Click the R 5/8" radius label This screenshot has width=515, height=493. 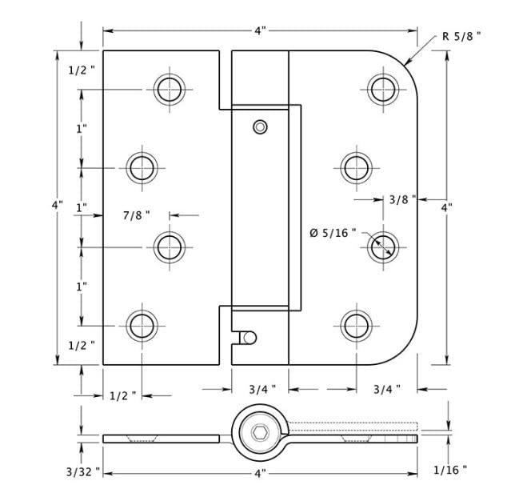[461, 36]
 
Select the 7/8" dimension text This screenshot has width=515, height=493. [136, 214]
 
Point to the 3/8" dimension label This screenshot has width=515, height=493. [402, 199]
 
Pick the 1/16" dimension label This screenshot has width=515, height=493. [449, 470]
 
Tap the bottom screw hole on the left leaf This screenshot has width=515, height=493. [142, 325]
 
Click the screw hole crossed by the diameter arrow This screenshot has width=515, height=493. [381, 246]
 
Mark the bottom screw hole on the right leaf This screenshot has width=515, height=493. [355, 325]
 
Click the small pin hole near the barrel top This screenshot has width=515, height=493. [259, 126]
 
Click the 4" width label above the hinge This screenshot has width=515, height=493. [260, 30]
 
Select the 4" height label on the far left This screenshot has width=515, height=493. [57, 205]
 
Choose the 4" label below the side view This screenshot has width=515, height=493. [260, 474]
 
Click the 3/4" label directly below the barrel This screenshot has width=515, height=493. [261, 390]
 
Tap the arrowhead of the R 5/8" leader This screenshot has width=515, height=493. [406, 62]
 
